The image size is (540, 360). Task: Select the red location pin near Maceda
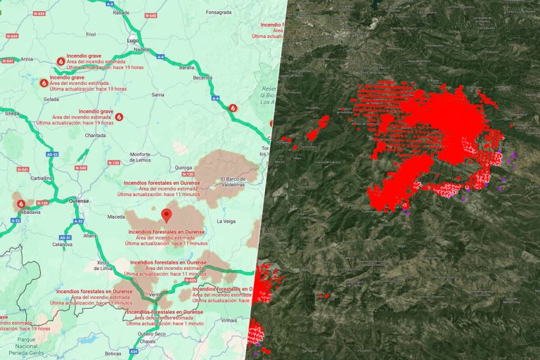166,214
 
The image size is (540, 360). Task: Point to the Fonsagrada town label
219,13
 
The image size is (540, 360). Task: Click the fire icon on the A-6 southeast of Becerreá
233,108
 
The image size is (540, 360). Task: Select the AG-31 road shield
65,238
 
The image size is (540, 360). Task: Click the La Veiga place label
226,221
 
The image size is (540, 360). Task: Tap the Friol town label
90,34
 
